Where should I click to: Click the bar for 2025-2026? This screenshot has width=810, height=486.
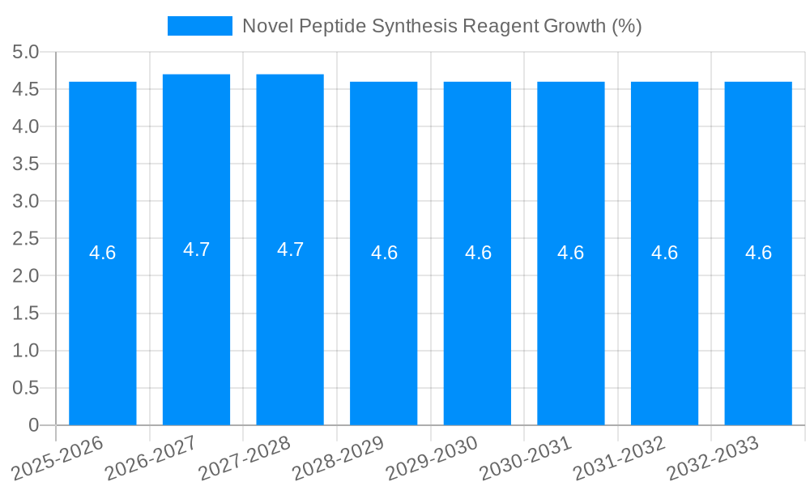[x=103, y=324]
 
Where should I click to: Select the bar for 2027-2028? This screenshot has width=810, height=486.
[x=290, y=324]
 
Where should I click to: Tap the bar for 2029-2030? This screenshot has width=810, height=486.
[x=477, y=324]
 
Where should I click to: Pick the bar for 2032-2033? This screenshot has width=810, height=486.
[x=758, y=324]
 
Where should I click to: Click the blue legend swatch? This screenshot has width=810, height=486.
[x=199, y=26]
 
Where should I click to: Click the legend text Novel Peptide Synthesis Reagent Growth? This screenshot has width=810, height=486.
[x=442, y=26]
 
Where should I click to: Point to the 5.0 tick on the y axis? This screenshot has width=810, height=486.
[x=26, y=53]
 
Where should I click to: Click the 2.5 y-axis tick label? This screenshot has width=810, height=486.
[x=26, y=239]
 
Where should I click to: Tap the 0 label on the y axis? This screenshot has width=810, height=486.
[x=33, y=425]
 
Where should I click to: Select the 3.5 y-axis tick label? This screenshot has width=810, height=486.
[x=26, y=164]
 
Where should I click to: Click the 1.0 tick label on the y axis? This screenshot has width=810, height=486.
[x=26, y=351]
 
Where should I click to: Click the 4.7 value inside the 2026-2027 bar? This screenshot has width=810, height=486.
[x=196, y=249]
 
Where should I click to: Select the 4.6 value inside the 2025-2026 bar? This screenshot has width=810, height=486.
[x=103, y=253]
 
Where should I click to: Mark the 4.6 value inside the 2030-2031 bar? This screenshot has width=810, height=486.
[x=571, y=253]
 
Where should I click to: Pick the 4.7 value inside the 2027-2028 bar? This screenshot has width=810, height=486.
[x=290, y=249]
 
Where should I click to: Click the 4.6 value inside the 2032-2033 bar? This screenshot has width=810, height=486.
[x=758, y=253]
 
